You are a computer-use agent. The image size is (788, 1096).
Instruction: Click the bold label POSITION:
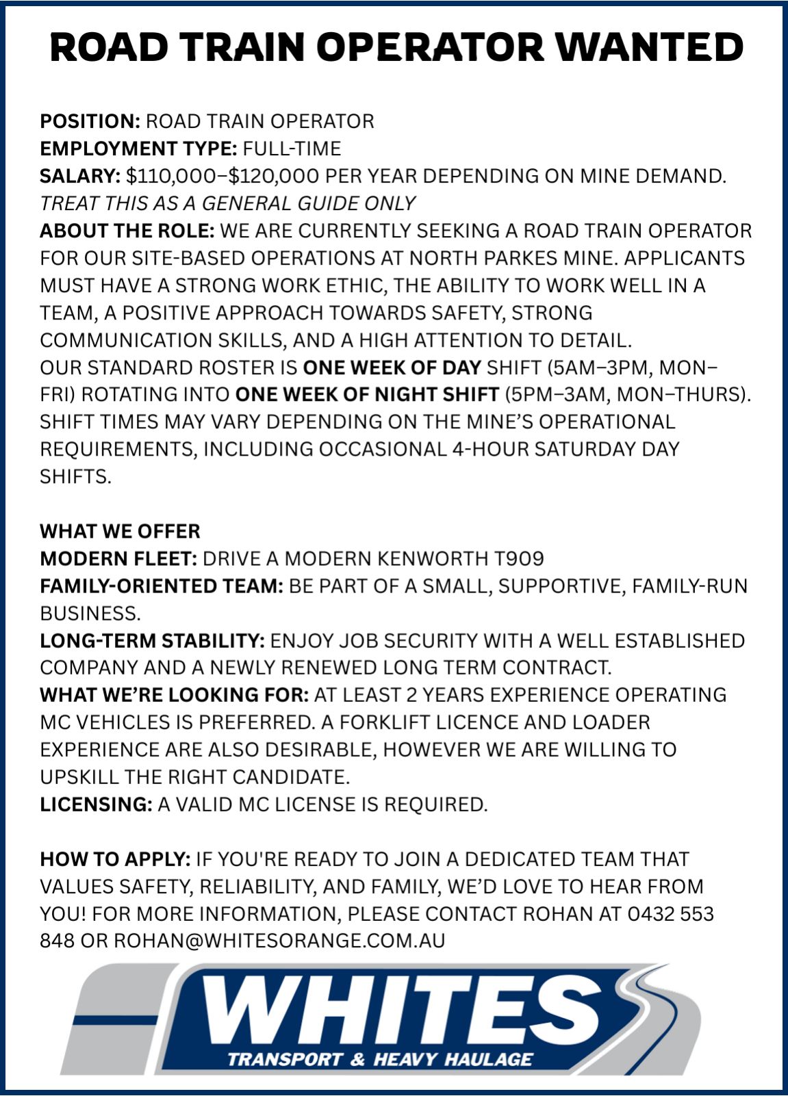pyautogui.click(x=90, y=122)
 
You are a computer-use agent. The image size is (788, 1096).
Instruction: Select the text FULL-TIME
pyautogui.click(x=292, y=149)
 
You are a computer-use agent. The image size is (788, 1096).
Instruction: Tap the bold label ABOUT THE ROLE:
pyautogui.click(x=127, y=231)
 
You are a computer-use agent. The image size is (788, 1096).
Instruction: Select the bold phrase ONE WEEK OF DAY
pyautogui.click(x=392, y=368)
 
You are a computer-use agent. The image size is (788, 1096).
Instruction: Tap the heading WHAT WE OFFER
pyautogui.click(x=120, y=532)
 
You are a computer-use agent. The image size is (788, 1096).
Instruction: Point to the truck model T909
pyautogui.click(x=519, y=559)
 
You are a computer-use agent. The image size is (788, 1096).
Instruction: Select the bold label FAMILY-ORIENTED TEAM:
pyautogui.click(x=161, y=586)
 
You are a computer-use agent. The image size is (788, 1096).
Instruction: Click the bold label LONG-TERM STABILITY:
pyautogui.click(x=152, y=641)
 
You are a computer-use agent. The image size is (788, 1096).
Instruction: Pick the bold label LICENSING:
pyautogui.click(x=96, y=805)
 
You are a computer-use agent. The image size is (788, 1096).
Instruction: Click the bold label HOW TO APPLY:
pyautogui.click(x=115, y=859)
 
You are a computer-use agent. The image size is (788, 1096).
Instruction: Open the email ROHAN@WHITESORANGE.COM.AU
pyautogui.click(x=279, y=941)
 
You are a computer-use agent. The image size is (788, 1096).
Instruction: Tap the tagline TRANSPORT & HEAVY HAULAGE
pyautogui.click(x=379, y=1060)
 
